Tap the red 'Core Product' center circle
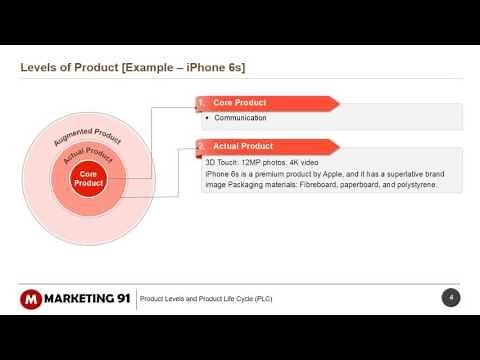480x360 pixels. coord(88,179)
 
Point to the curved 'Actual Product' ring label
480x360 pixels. coord(88,155)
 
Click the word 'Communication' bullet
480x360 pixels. coord(240,118)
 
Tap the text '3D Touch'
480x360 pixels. coord(222,162)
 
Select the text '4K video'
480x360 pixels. coord(305,162)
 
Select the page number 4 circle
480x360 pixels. coord(451,298)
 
